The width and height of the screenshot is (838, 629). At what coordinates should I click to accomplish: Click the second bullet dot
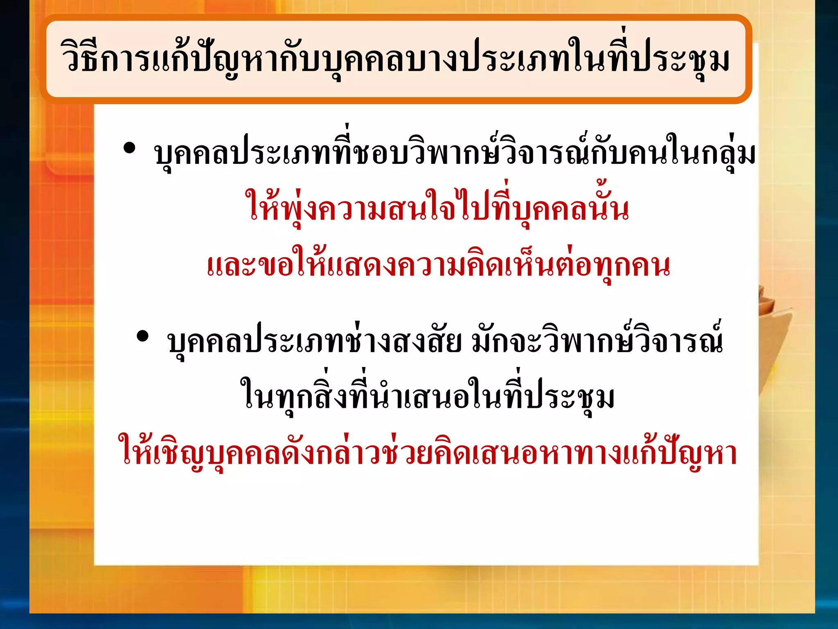(142, 336)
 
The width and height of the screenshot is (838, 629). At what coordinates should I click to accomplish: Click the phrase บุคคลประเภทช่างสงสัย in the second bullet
(315, 342)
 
